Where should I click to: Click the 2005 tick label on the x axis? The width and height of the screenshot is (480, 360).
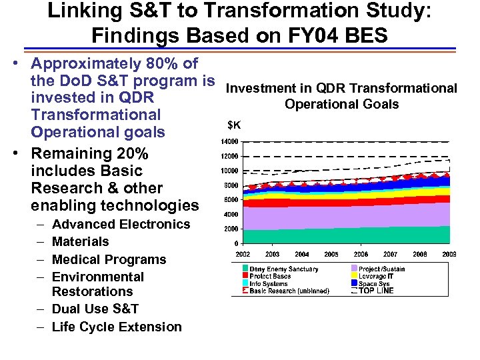[x=331, y=254]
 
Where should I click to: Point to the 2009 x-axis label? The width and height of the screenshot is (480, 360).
[x=449, y=254]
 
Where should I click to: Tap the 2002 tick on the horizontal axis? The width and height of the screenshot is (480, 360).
[x=243, y=254]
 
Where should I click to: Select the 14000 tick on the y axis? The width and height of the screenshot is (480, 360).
[x=229, y=142]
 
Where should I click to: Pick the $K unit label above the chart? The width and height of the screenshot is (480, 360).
[x=235, y=125]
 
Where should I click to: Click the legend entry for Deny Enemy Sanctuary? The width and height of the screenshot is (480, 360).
[x=283, y=269]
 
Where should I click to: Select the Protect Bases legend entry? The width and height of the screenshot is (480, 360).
[x=270, y=277]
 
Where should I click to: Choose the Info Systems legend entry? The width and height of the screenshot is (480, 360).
[x=269, y=284]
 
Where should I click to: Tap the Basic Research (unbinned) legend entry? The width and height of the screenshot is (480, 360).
[x=289, y=291]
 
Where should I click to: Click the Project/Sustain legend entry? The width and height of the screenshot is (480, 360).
[x=381, y=269]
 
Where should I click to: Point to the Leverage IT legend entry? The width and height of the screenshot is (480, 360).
[x=377, y=277]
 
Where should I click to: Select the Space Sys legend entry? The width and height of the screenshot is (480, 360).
[x=374, y=284]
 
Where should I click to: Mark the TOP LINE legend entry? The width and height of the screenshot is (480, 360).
[x=376, y=291]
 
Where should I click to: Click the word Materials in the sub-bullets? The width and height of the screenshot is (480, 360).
[x=80, y=241]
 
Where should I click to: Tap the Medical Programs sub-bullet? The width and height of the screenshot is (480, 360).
[x=109, y=259]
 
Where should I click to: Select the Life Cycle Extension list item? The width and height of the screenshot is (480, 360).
[x=116, y=327]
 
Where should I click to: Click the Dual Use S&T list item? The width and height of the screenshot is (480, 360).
[x=95, y=309]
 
